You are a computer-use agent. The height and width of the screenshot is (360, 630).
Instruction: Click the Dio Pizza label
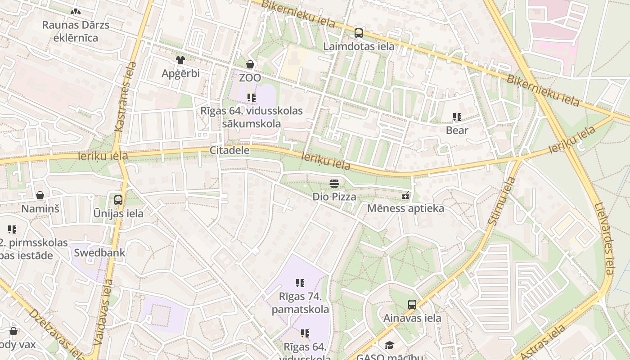point(334,197)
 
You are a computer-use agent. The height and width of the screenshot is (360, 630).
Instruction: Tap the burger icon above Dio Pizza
point(334,183)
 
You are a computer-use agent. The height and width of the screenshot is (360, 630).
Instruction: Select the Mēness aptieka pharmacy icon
point(405,195)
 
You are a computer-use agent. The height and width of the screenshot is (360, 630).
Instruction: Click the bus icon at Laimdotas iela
point(359,33)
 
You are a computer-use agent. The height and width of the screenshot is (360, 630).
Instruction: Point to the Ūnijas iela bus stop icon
point(118,200)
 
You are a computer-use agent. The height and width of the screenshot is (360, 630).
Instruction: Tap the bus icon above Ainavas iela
point(412,305)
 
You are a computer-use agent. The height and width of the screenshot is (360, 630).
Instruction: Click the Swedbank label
point(99,252)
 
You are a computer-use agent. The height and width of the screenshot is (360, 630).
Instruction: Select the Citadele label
point(229,150)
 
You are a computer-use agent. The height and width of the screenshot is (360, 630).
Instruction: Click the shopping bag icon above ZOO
point(250,64)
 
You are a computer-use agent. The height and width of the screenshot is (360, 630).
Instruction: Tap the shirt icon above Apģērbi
point(180,60)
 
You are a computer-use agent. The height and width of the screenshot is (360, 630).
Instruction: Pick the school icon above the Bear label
point(457,117)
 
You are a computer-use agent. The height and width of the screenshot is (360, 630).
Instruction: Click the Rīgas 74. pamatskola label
point(300,303)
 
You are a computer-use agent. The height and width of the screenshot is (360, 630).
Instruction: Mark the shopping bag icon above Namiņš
point(40,195)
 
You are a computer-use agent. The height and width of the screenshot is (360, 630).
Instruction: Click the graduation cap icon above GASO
point(389,345)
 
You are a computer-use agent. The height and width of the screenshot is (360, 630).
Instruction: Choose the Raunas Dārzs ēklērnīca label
point(76,31)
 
